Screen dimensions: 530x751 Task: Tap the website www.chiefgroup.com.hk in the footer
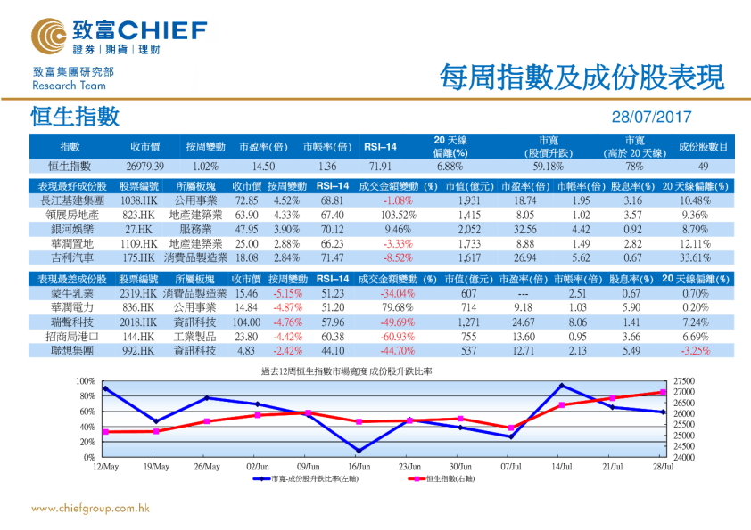(90, 509)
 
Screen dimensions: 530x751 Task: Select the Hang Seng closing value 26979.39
(145, 167)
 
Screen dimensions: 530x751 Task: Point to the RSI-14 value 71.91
(379, 167)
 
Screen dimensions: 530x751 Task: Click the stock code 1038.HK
(138, 202)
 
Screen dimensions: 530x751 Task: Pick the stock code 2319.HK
(137, 294)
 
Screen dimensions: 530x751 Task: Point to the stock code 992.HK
(138, 351)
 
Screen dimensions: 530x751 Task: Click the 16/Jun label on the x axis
(358, 466)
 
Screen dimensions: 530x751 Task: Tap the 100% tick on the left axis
(86, 381)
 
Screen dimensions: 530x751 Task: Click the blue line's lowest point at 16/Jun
(358, 451)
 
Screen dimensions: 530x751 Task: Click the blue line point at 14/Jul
(562, 386)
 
